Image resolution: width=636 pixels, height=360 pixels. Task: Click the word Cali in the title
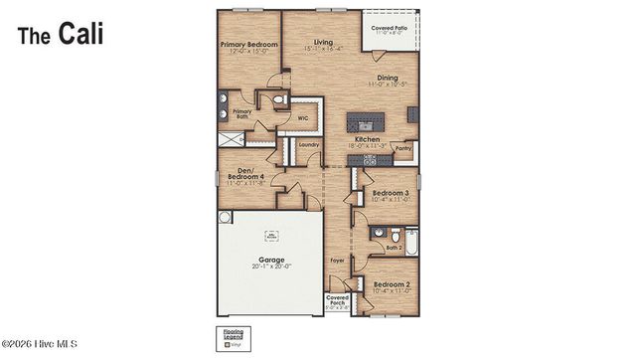(x=79, y=35)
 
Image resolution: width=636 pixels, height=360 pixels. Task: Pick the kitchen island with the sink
(x=365, y=123)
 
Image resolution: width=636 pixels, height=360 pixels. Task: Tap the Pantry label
(x=402, y=148)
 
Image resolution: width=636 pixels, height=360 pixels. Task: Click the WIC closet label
(x=304, y=116)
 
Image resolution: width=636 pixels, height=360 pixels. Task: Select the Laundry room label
(x=308, y=145)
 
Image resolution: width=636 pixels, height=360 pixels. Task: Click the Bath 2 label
(x=393, y=247)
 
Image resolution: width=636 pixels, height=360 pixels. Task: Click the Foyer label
(x=338, y=261)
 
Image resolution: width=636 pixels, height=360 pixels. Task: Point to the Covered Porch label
(x=338, y=300)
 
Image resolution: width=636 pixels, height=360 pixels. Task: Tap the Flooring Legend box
(x=232, y=334)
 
